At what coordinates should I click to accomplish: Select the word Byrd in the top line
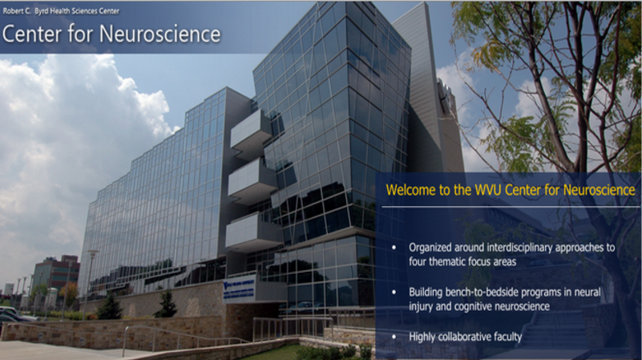41,11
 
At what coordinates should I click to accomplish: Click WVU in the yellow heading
488,190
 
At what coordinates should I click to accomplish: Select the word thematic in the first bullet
448,261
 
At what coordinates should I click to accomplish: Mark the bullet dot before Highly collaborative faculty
394,337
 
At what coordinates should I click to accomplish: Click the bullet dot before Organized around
394,248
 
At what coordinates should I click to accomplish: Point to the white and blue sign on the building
239,290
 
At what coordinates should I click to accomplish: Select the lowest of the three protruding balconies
253,232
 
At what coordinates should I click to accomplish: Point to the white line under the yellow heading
511,207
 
